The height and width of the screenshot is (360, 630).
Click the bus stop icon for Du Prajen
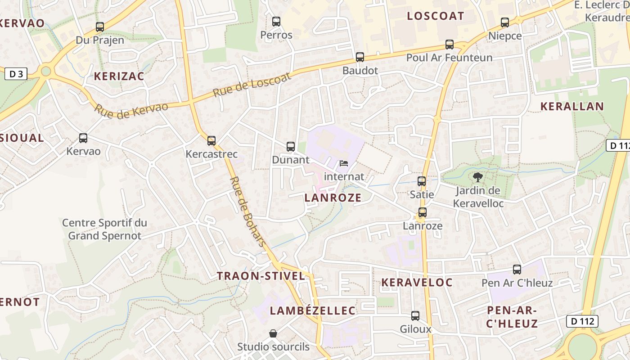100,27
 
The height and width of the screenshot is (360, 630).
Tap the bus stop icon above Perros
276,22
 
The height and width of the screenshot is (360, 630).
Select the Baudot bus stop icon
360,57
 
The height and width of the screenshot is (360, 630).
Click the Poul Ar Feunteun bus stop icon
450,45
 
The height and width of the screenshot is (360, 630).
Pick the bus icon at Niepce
505,22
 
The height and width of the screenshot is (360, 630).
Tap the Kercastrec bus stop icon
211,141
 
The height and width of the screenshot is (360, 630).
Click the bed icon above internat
344,163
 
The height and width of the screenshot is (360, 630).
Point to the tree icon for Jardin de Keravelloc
477,177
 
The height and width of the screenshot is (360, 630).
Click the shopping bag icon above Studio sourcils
273,333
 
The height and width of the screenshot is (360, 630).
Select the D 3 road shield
16,74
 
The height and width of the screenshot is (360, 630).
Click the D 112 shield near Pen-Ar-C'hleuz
582,321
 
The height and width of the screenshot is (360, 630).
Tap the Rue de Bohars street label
248,211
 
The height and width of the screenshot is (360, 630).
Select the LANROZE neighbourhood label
333,198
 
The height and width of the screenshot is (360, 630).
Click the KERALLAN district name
571,107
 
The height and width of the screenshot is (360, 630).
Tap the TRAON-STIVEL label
261,276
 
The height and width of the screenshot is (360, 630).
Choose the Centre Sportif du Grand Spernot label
104,229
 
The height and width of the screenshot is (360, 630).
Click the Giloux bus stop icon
415,316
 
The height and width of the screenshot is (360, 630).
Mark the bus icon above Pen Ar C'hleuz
517,270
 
